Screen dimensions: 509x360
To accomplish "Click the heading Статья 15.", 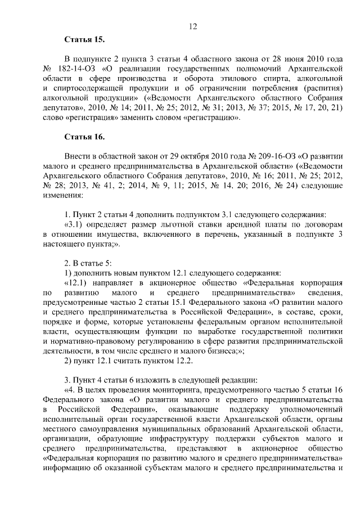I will (x=84, y=39).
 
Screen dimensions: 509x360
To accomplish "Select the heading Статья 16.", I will (x=84, y=137).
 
